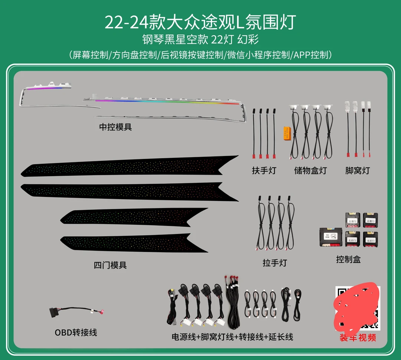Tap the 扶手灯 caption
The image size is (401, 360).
tap(264, 171)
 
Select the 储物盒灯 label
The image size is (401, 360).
tap(310, 171)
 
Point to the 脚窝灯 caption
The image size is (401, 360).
tap(358, 171)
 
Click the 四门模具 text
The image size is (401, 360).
tap(110, 265)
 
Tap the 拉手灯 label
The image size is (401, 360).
tap(275, 263)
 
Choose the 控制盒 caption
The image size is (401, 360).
tap(348, 259)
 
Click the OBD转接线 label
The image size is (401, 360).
tap(76, 332)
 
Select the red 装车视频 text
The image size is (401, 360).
tap(358, 338)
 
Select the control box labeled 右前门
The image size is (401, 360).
tap(370, 220)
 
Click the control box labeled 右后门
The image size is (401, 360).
tap(370, 239)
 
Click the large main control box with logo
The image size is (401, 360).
tap(330, 237)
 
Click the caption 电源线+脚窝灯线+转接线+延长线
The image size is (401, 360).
tap(232, 337)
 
